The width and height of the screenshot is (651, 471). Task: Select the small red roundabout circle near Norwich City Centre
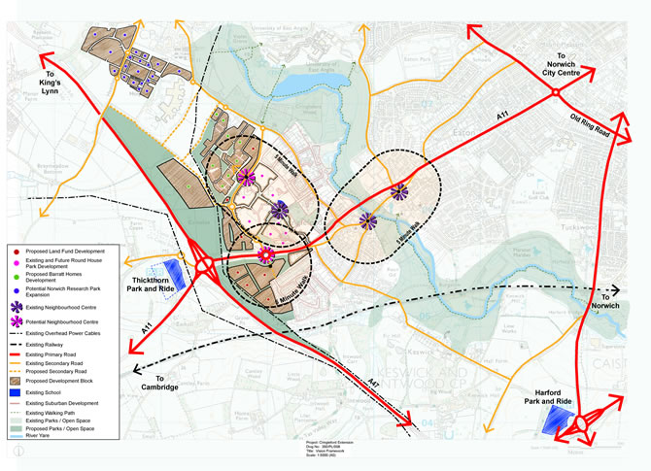click(x=555, y=92)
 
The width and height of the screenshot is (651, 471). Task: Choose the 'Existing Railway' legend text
click(x=54, y=345)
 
